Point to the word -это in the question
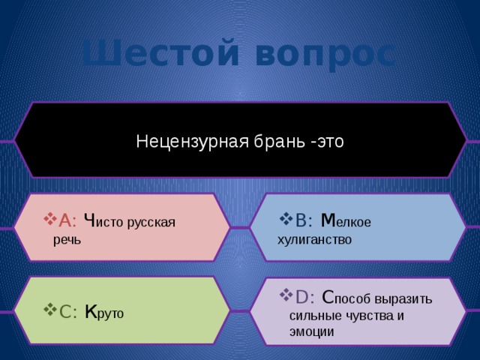point(326,141)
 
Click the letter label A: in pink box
point(67,220)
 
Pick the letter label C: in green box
point(67,312)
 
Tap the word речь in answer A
point(72,240)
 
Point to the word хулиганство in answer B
point(314,240)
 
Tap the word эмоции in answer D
point(311,331)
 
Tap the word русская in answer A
point(151,222)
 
